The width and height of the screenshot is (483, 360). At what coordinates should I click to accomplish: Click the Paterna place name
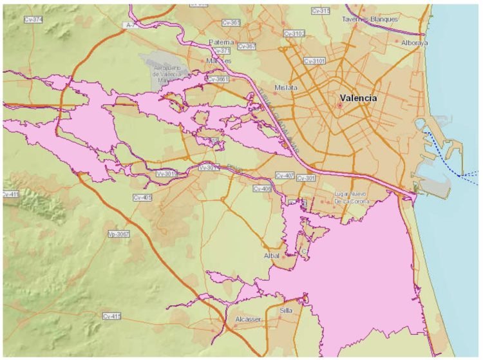coord(220,42)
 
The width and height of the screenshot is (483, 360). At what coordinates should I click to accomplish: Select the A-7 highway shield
coord(131,25)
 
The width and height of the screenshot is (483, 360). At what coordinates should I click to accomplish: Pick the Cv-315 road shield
coord(320,11)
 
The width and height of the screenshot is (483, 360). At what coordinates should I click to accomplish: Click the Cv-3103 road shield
coord(294,33)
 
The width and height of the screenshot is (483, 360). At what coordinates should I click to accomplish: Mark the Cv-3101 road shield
coord(316,61)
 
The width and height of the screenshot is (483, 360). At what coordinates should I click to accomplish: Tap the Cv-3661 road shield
coord(218,79)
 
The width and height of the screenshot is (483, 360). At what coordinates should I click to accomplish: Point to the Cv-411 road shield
coord(11,194)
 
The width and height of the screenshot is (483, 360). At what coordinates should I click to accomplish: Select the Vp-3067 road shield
coord(119,234)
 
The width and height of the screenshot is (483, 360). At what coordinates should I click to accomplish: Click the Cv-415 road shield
coord(112,316)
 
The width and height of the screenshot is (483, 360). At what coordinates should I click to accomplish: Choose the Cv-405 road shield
coord(142,197)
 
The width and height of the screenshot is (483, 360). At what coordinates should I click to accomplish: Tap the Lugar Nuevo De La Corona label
coord(352,198)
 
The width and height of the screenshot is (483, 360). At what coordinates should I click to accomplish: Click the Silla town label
coord(285,310)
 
